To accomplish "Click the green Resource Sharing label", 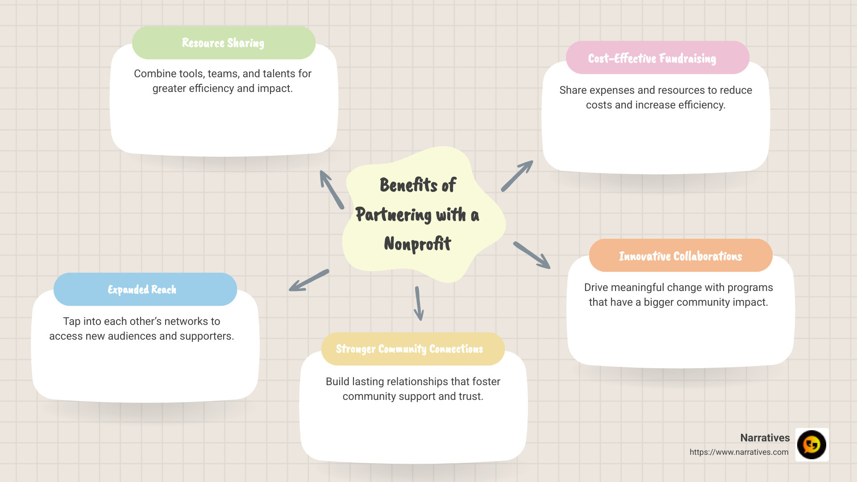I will pos(223,43).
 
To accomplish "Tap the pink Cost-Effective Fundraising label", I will pos(652,58).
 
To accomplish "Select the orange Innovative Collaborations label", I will pos(680,256).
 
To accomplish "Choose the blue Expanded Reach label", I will pos(142,290).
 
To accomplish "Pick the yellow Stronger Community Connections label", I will pos(409,349).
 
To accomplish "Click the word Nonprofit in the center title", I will pos(417,244).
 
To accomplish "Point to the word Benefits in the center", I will pos(408,185).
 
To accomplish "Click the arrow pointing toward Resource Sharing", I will pos(332,189).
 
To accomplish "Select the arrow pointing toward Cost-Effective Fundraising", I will pos(517,176).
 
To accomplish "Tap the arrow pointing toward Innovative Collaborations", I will pos(532,255).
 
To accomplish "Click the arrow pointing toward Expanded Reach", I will pos(309,280).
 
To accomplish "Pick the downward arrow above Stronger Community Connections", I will pos(418,303).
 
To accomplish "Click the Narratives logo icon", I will pos(811,445).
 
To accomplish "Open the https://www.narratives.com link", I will pos(739,452).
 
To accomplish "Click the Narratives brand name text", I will pos(765,438).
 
